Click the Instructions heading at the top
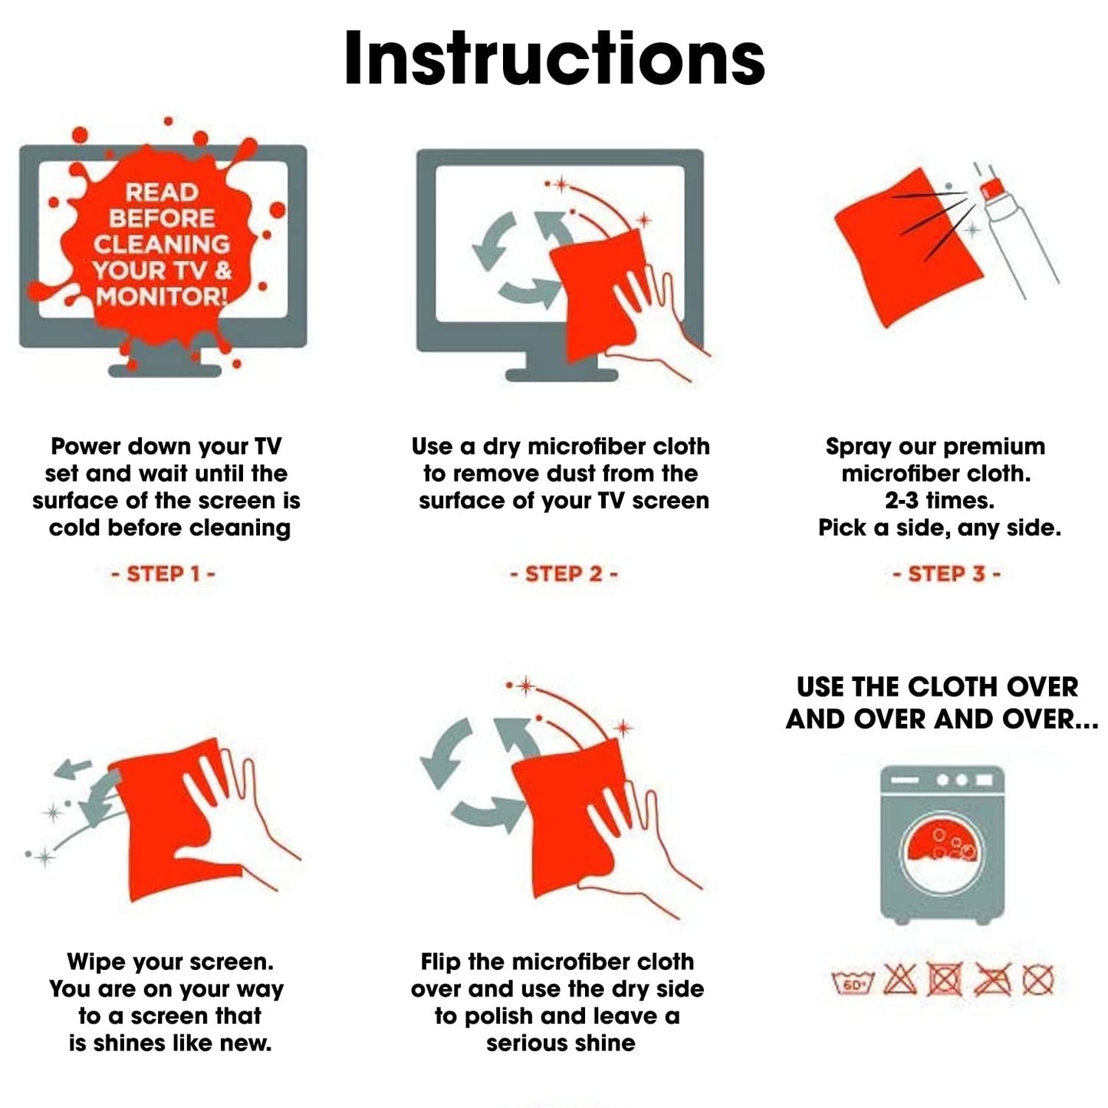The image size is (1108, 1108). pyautogui.click(x=554, y=58)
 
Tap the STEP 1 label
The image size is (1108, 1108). pyautogui.click(x=163, y=574)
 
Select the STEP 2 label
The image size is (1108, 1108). pyautogui.click(x=564, y=574)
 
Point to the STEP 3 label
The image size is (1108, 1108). pyautogui.click(x=946, y=574)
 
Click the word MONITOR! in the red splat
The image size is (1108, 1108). pyautogui.click(x=162, y=297)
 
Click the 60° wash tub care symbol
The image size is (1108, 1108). pyautogui.click(x=853, y=983)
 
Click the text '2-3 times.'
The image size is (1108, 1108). pyautogui.click(x=939, y=501)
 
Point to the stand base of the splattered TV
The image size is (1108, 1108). pyautogui.click(x=165, y=370)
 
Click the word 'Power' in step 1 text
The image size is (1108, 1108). pyautogui.click(x=86, y=446)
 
